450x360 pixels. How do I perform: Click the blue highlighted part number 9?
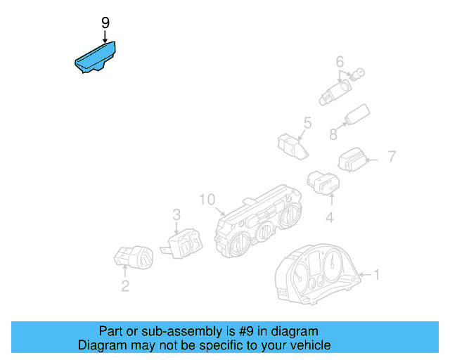(x=96, y=58)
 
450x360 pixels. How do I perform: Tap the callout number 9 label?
(x=105, y=23)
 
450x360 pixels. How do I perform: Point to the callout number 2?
(x=124, y=285)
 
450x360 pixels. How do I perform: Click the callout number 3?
(x=176, y=214)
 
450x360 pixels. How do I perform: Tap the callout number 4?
(x=329, y=219)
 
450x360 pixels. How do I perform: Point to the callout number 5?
(x=307, y=124)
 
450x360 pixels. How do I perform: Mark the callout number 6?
(x=339, y=61)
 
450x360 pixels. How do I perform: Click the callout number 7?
(x=392, y=156)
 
